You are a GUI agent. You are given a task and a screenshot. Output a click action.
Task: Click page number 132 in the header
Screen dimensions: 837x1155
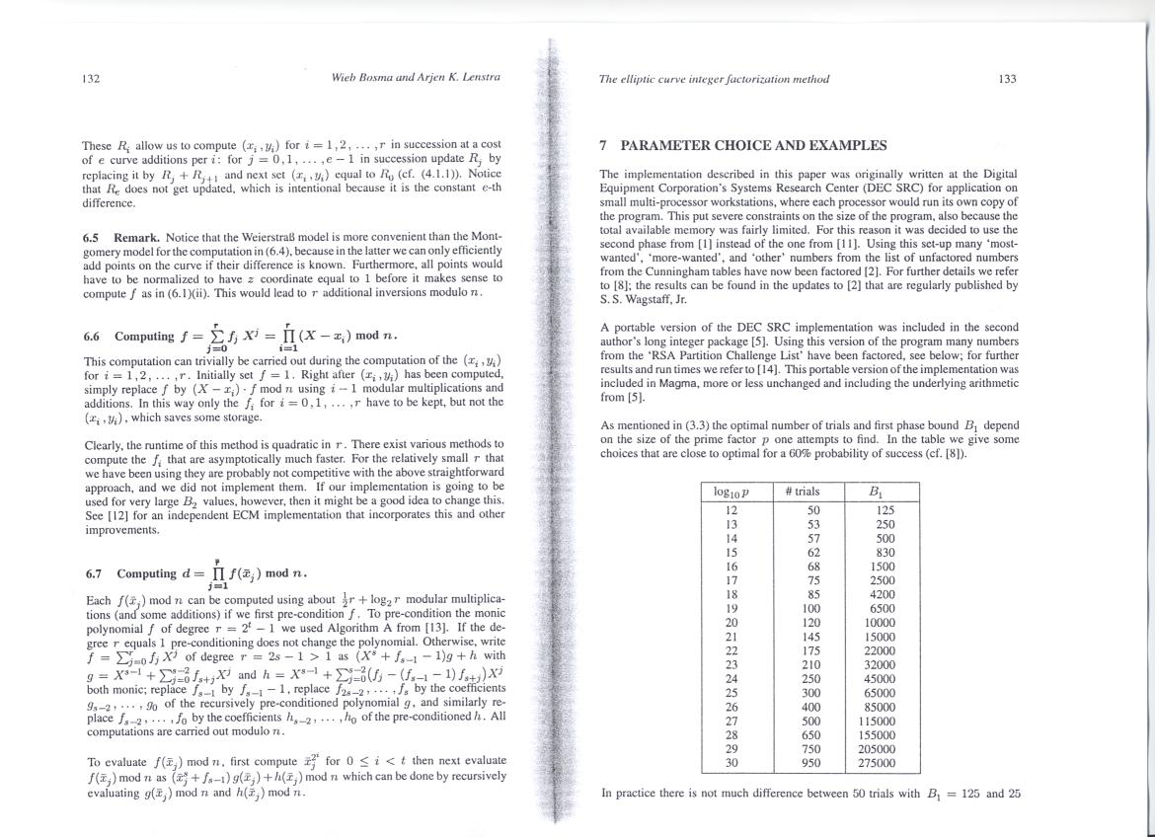[x=91, y=80]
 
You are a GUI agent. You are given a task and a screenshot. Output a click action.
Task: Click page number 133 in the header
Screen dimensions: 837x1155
[x=1007, y=80]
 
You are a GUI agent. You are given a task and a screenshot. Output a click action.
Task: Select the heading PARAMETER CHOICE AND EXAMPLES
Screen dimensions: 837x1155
[x=755, y=146]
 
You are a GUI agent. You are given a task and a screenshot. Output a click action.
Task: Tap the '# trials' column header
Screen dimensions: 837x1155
[x=802, y=491]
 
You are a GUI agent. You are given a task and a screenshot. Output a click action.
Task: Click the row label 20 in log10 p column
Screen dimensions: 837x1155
[x=731, y=622]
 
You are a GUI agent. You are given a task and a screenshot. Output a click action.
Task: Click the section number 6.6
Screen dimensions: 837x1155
[x=94, y=336]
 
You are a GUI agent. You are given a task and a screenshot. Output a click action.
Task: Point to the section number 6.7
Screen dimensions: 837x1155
[x=94, y=573]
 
